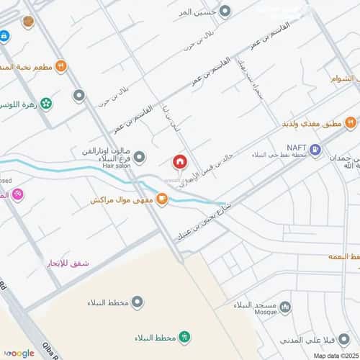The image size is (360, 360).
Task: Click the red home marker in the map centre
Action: coord(179,162)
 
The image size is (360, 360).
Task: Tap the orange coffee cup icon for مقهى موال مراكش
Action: coord(162,199)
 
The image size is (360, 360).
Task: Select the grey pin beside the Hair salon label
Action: coord(140,156)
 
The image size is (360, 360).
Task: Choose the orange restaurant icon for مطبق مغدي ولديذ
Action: coord(350,123)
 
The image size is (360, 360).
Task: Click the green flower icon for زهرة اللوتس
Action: coord(47,104)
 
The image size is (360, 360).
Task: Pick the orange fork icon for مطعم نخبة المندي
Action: coord(62,67)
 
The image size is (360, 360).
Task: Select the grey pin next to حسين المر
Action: coord(225,12)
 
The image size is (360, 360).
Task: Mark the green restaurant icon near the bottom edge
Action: coord(185,337)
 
